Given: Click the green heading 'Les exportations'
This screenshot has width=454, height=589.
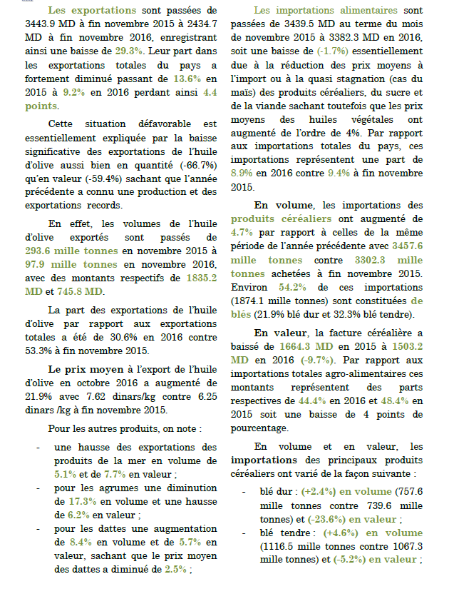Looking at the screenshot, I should point(92,11).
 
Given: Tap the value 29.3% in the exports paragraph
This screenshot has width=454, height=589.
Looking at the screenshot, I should point(130,51).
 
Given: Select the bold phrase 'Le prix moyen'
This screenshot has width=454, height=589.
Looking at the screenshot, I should point(81,370).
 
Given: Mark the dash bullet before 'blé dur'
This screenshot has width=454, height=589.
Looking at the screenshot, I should point(244,492).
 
